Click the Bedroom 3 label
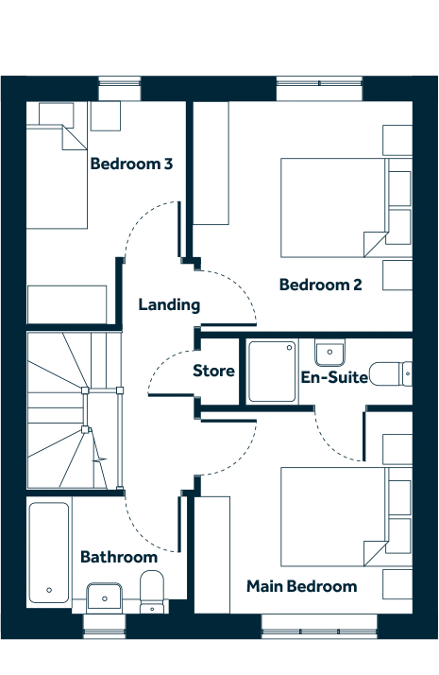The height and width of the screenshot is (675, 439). pyautogui.click(x=131, y=164)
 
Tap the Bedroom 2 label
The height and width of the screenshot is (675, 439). pyautogui.click(x=320, y=285)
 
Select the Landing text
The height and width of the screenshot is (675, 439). pyautogui.click(x=169, y=304)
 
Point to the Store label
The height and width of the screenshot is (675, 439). pyautogui.click(x=213, y=371)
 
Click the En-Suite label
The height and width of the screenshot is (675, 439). pyautogui.click(x=334, y=377)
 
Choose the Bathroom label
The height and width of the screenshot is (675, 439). pyautogui.click(x=119, y=557)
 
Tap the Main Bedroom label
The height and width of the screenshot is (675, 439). pyautogui.click(x=301, y=586)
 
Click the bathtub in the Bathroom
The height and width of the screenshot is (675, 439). pyautogui.click(x=49, y=553)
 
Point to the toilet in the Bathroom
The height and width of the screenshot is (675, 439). pyautogui.click(x=152, y=592)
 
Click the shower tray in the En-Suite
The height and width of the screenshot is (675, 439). pyautogui.click(x=272, y=372)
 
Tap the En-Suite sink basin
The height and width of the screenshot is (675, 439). pyautogui.click(x=329, y=352)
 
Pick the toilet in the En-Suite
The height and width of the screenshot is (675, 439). pyautogui.click(x=391, y=373)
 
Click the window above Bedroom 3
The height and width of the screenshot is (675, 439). pyautogui.click(x=120, y=89)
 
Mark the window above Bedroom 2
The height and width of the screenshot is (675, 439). pyautogui.click(x=319, y=89)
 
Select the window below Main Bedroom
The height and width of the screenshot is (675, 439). pyautogui.click(x=319, y=626)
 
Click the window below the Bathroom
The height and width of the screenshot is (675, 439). pyautogui.click(x=105, y=626)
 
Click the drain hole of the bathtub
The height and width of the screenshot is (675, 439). pyautogui.click(x=49, y=590)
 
